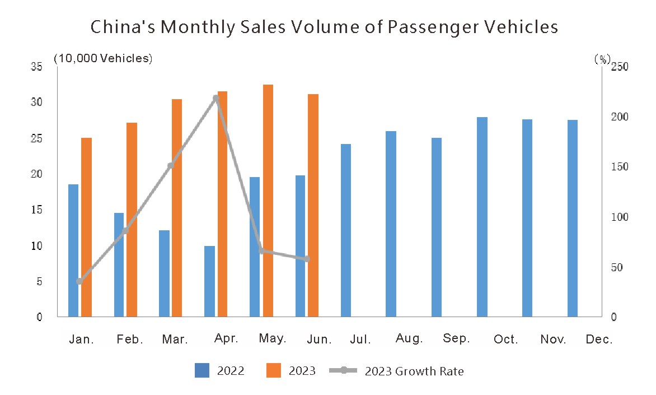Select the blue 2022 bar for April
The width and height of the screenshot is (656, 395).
pos(209,281)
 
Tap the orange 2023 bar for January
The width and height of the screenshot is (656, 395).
pos(86,227)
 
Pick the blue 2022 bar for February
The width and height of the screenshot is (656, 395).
pos(119,264)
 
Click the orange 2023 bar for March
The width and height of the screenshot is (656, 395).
pos(177,208)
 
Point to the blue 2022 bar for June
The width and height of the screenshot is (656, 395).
pos(301,246)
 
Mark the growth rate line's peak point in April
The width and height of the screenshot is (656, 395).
pos(216,99)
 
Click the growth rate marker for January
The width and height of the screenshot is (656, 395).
pos(79,281)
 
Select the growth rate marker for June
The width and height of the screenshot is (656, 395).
pos(307,259)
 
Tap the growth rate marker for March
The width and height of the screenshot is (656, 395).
pos(171,166)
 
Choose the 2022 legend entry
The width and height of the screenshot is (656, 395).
pos(219,370)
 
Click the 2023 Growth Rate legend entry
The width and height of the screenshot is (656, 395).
pos(396,371)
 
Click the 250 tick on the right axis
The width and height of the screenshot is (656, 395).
pos(620,67)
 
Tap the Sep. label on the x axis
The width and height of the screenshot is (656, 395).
pos(456,338)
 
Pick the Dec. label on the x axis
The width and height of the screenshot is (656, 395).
pos(599,340)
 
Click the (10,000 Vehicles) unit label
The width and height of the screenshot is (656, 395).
pos(103,58)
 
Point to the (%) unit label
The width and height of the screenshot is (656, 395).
pos(602,59)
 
